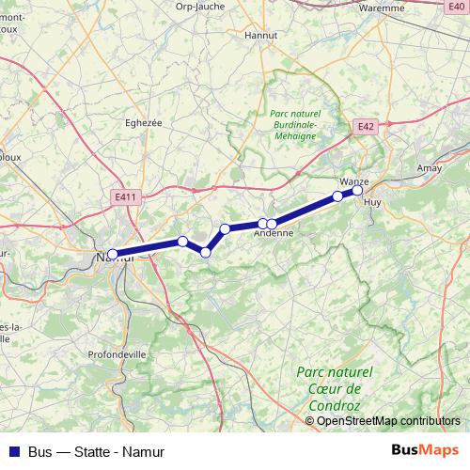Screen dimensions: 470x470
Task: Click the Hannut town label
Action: tap(258, 35)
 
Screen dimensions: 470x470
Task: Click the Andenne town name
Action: tap(274, 234)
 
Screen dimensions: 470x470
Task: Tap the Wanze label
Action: tap(353, 180)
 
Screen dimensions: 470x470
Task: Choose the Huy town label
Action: tap(372, 202)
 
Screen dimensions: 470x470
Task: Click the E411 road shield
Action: tap(122, 196)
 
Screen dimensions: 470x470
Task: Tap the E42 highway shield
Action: tap(367, 125)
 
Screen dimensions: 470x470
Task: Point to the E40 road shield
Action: tap(455, 6)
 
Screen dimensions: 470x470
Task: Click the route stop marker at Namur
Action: tap(113, 254)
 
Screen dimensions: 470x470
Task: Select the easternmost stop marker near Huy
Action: tap(357, 191)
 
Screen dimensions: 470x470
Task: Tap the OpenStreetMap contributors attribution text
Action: tap(388, 420)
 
